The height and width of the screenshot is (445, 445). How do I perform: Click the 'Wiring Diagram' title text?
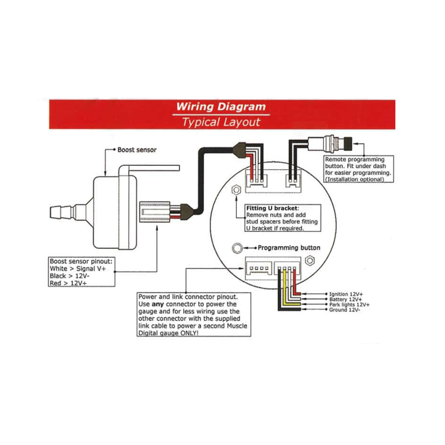click(x=221, y=107)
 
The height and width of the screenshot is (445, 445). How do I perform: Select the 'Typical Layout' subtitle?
click(x=221, y=122)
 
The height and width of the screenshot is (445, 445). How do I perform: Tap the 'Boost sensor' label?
click(x=137, y=150)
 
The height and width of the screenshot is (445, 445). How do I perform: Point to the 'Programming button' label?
click(x=289, y=248)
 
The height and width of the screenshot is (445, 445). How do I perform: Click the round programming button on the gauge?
click(x=237, y=248)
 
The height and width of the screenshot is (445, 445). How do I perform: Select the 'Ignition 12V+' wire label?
click(x=346, y=294)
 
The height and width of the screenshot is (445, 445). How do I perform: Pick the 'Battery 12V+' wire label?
click(x=345, y=299)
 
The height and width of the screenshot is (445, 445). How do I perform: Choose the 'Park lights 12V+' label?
click(x=349, y=305)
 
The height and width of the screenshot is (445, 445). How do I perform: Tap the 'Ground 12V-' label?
click(x=344, y=310)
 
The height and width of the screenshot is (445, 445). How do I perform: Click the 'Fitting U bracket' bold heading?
click(x=272, y=208)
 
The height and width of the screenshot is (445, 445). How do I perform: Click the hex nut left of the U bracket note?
click(x=236, y=190)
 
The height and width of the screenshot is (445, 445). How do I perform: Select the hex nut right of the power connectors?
click(x=310, y=261)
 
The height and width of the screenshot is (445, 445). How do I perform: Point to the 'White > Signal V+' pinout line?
click(x=78, y=269)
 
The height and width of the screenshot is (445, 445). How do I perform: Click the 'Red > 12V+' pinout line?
click(x=68, y=283)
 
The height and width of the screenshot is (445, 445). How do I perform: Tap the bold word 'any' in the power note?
click(x=158, y=304)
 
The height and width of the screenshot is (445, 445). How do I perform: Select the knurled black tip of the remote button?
click(x=348, y=144)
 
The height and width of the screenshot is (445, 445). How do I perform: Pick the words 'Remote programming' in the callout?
click(x=355, y=159)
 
